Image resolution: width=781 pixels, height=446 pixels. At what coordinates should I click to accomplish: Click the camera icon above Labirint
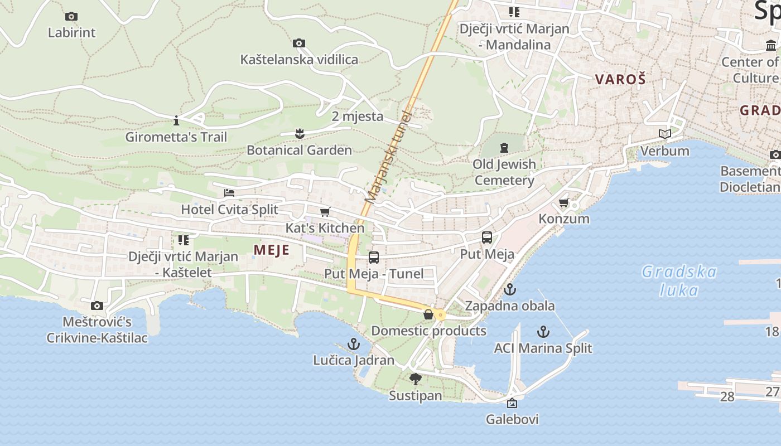pyautogui.click(x=71, y=17)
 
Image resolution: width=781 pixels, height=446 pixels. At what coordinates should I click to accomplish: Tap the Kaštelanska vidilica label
pyautogui.click(x=299, y=60)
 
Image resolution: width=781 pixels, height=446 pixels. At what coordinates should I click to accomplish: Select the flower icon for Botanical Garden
pyautogui.click(x=300, y=133)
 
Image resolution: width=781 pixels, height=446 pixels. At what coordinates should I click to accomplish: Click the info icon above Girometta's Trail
pyautogui.click(x=176, y=120)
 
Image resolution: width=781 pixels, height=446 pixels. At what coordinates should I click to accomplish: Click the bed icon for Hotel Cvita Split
pyautogui.click(x=229, y=193)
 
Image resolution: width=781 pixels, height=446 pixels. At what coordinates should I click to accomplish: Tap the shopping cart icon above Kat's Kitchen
pyautogui.click(x=325, y=212)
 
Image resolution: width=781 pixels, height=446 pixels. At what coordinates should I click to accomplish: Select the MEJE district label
pyautogui.click(x=272, y=250)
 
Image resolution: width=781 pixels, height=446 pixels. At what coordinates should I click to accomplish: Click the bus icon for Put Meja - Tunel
pyautogui.click(x=374, y=258)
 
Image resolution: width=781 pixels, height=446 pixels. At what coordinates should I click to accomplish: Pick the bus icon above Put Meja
pyautogui.click(x=487, y=237)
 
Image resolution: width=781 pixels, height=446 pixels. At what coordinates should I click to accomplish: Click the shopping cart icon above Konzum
pyautogui.click(x=564, y=202)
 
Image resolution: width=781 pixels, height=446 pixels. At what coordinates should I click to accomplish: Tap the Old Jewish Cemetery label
pyautogui.click(x=504, y=172)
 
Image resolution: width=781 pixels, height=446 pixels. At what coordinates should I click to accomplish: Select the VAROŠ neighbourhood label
pyautogui.click(x=620, y=79)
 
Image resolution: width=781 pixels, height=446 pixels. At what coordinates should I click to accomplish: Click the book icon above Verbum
pyautogui.click(x=664, y=134)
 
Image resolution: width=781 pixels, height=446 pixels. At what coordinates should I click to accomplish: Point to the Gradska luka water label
pyautogui.click(x=679, y=281)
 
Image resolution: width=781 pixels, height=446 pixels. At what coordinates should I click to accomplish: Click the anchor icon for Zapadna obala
pyautogui.click(x=509, y=289)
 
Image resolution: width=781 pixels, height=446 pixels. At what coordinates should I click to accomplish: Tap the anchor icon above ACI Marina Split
pyautogui.click(x=543, y=332)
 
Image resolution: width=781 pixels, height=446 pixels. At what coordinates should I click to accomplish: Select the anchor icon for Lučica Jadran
pyautogui.click(x=354, y=344)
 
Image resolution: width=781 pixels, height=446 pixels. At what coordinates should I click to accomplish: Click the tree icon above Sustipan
pyautogui.click(x=415, y=379)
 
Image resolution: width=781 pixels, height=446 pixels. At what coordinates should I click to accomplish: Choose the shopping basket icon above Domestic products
pyautogui.click(x=428, y=314)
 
